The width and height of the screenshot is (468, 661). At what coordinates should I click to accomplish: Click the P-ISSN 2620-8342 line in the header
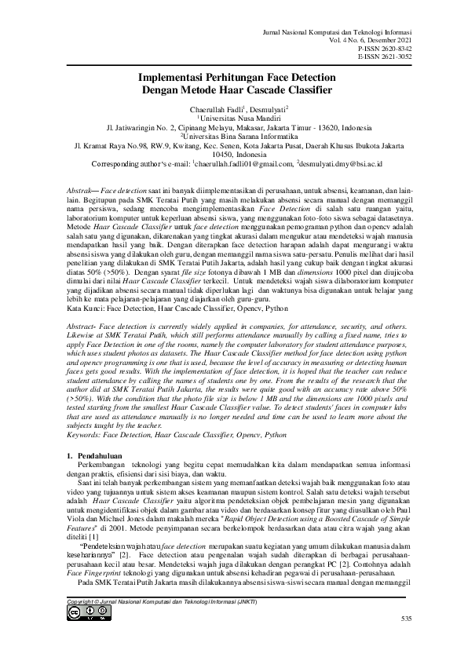[378, 47]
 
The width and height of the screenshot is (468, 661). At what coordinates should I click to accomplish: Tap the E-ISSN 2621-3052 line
[378, 56]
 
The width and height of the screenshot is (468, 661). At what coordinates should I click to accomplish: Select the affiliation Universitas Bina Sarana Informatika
[235, 136]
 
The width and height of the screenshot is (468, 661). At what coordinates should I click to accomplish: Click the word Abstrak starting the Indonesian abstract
[75, 192]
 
